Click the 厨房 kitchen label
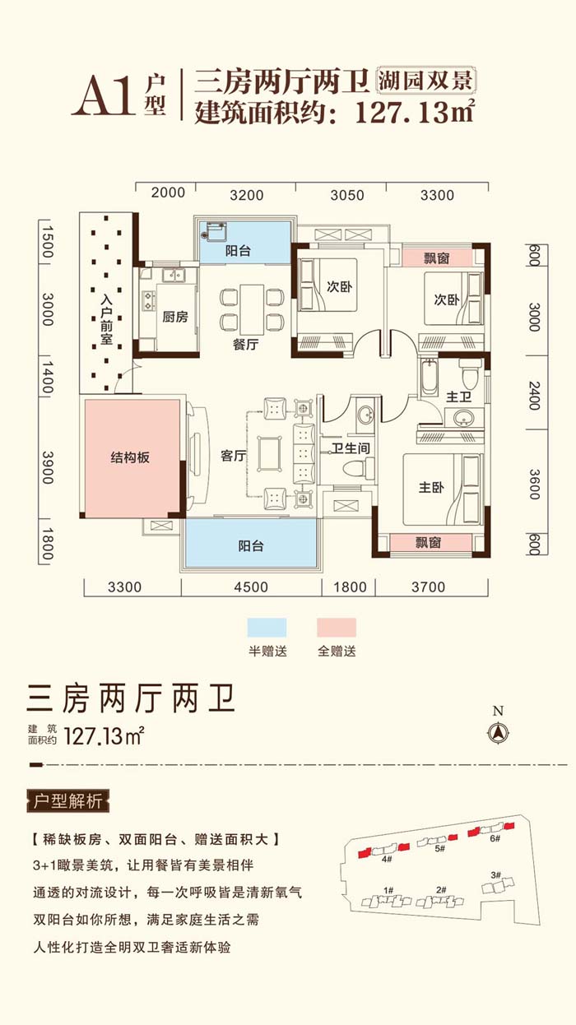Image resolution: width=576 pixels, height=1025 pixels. coord(175,317)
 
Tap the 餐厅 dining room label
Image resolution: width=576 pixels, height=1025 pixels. coord(245,344)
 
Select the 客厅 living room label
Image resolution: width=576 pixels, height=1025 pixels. coord(234,456)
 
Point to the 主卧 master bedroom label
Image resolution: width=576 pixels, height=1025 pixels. coord(431,487)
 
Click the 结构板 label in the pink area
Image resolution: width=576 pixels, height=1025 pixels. coord(130,457)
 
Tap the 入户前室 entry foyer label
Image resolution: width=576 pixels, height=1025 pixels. coord(107,319)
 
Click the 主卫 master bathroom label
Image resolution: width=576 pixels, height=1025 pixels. coord(458,397)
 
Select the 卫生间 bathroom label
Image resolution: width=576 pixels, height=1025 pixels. coord(351,448)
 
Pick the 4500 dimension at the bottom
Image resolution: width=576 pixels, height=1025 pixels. coord(251,587)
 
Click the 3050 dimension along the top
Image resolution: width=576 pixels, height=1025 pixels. coord(347,196)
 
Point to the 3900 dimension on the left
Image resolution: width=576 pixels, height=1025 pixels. coord(48,467)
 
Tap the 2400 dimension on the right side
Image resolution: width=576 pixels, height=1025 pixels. coord(534,396)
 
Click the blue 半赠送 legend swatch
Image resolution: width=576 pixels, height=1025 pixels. coord(267,628)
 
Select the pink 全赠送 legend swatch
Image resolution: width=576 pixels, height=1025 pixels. coord(337,628)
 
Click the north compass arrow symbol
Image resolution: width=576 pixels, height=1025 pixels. coord(498,734)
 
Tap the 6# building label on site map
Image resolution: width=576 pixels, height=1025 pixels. coord(495,839)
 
